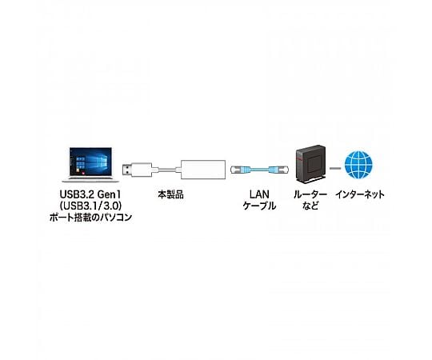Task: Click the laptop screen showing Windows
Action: (90, 162)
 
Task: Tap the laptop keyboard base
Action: (90, 179)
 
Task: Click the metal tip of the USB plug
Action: (126, 170)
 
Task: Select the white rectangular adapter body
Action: (203, 170)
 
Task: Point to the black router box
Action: (310, 165)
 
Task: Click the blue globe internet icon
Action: (358, 165)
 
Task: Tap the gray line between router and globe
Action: (335, 168)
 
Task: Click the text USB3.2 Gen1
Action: (90, 194)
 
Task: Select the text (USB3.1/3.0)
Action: (90, 206)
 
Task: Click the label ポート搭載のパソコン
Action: (90, 218)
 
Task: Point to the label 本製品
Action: (170, 194)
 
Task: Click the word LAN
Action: (259, 194)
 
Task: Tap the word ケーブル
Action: (259, 206)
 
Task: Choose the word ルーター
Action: (310, 194)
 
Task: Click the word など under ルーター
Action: (310, 206)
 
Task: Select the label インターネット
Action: (359, 194)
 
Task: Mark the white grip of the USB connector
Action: (142, 170)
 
